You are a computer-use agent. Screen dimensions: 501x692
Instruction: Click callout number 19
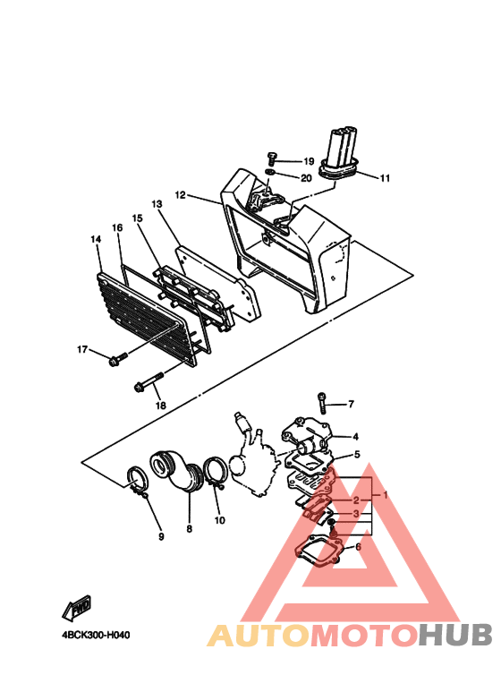pyautogui.click(x=309, y=161)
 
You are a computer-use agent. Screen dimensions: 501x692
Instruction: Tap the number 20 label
pyautogui.click(x=306, y=178)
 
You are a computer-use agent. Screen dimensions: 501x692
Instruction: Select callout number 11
pyautogui.click(x=385, y=178)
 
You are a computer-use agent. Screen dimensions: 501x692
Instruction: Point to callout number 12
pyautogui.click(x=181, y=194)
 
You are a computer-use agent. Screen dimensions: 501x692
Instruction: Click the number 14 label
pyautogui.click(x=96, y=239)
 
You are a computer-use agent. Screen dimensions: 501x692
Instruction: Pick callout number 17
pyautogui.click(x=82, y=349)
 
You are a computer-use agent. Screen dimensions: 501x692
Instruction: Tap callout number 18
pyautogui.click(x=160, y=406)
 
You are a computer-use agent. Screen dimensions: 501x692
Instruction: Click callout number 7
pyautogui.click(x=351, y=404)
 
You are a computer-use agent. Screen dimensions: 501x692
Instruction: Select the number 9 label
pyautogui.click(x=161, y=536)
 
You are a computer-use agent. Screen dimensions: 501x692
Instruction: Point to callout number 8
pyautogui.click(x=189, y=528)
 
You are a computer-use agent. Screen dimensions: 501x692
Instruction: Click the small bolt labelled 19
pyautogui.click(x=271, y=158)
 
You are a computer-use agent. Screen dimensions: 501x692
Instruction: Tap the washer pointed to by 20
pyautogui.click(x=271, y=171)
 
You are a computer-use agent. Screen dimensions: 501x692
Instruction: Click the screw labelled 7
pyautogui.click(x=322, y=402)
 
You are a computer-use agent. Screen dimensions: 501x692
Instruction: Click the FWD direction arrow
pyautogui.click(x=77, y=607)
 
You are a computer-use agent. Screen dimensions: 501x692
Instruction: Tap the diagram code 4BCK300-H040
pyautogui.click(x=96, y=636)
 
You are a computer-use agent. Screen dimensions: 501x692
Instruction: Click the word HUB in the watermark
pyautogui.click(x=455, y=635)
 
